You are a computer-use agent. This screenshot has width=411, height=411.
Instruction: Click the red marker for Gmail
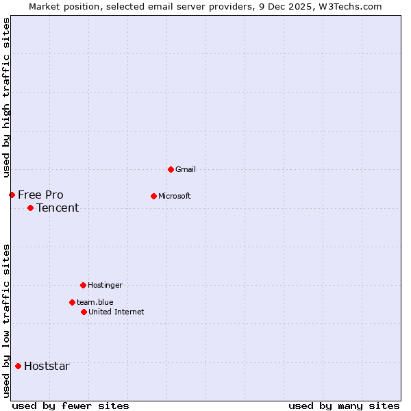171,169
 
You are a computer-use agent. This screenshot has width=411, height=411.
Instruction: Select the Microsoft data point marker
153,196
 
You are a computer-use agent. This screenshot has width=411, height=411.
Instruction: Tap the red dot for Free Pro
12,195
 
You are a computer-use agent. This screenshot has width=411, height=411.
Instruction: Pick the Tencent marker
30,208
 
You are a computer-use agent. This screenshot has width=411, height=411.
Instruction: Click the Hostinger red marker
83,285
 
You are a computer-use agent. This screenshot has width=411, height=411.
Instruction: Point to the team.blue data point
72,302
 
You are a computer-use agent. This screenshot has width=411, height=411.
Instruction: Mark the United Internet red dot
84,312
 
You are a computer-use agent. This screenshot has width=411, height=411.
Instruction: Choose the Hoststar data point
18,366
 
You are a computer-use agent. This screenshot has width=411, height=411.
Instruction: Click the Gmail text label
186,169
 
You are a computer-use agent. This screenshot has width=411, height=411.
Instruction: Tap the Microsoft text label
175,196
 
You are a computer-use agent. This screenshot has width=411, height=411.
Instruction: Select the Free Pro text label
40,195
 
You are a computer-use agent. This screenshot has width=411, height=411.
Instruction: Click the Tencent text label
58,208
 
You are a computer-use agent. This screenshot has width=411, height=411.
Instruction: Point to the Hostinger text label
105,285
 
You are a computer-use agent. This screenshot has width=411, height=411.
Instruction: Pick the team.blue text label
95,302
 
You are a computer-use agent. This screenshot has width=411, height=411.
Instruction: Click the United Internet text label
116,312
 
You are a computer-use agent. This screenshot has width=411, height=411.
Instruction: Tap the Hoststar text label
47,366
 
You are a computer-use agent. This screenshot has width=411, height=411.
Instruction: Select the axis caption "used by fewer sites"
71,406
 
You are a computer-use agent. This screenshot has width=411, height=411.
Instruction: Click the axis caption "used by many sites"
344,406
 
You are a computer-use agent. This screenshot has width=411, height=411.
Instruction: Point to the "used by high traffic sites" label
6,98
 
